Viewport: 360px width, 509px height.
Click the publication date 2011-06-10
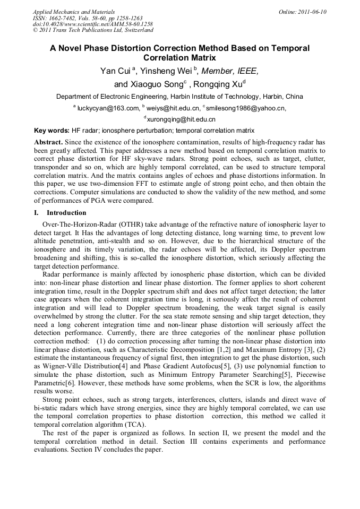point(310,11)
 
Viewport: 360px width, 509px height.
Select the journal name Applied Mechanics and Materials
point(73,11)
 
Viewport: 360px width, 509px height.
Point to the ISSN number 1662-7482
point(67,18)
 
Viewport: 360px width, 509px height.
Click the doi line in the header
point(93,24)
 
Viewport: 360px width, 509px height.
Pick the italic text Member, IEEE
point(230,71)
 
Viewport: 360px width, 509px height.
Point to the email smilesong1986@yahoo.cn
point(245,108)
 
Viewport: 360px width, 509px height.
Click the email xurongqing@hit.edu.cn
point(181,120)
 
